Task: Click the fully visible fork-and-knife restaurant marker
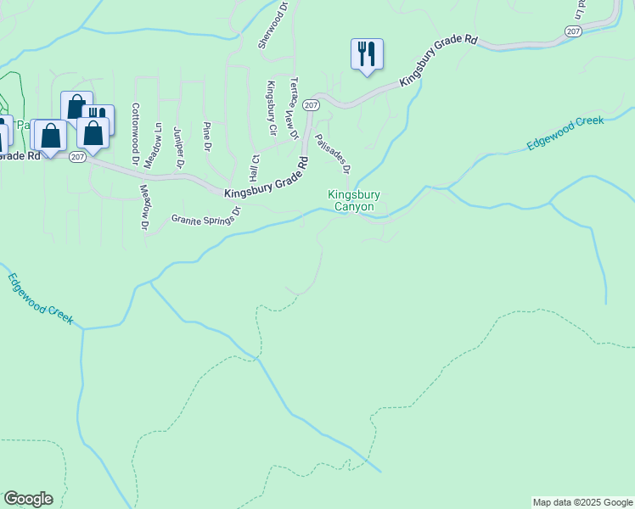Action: pyautogui.click(x=367, y=54)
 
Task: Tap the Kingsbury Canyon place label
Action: pyautogui.click(x=354, y=201)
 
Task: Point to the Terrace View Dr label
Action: pyautogui.click(x=294, y=109)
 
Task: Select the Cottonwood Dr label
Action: pyautogui.click(x=135, y=134)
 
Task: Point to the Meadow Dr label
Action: pyautogui.click(x=144, y=208)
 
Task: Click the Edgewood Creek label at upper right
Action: pyautogui.click(x=565, y=133)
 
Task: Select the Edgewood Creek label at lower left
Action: pyautogui.click(x=41, y=299)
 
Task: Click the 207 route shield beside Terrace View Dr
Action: pyautogui.click(x=311, y=105)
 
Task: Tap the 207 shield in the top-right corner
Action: pyautogui.click(x=573, y=31)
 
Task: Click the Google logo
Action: pyautogui.click(x=28, y=499)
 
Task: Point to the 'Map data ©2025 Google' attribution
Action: pyautogui.click(x=582, y=502)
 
